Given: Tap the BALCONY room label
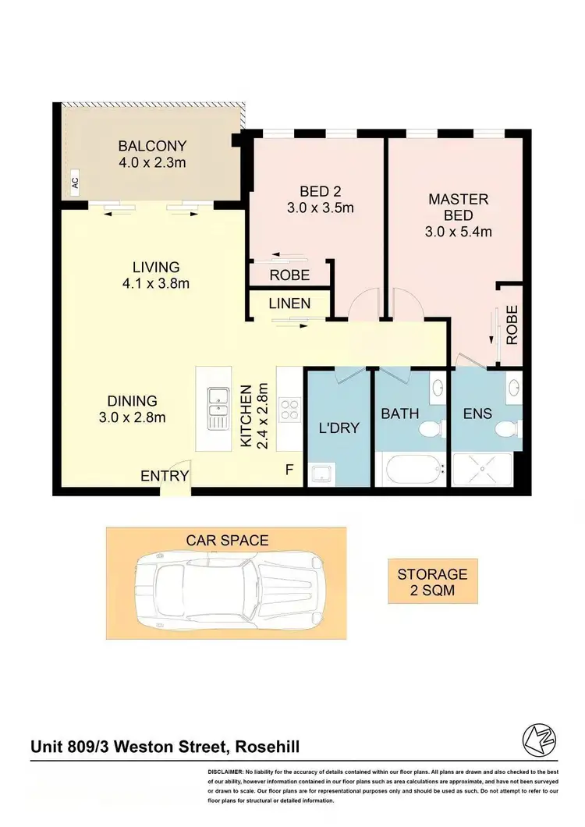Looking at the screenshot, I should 152,146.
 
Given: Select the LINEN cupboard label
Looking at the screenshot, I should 289,303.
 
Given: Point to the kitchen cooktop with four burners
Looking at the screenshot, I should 290,410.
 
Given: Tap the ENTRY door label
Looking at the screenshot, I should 164,476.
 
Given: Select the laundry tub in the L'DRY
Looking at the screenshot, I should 320,474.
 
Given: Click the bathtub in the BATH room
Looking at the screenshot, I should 409,470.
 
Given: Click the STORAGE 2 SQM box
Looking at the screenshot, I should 432,582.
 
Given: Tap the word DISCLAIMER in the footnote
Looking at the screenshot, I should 226,771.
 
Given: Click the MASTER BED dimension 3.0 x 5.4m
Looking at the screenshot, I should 458,232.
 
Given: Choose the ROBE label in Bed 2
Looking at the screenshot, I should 289,275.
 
